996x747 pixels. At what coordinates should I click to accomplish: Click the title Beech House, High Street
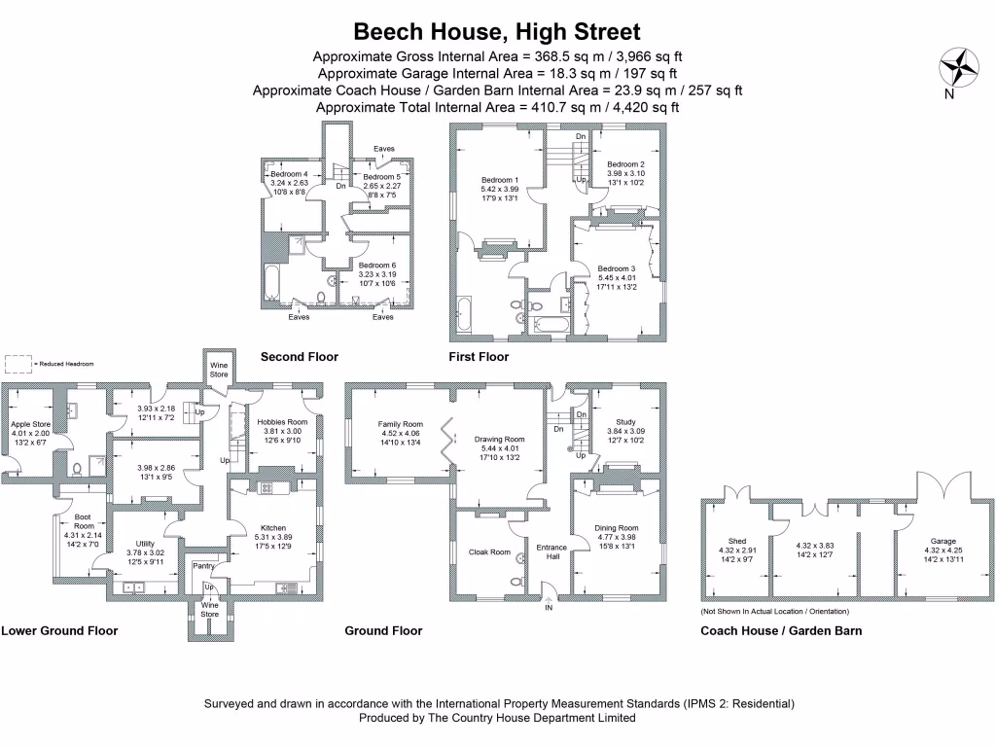tap(497, 31)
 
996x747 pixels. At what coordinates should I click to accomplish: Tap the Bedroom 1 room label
tap(500, 180)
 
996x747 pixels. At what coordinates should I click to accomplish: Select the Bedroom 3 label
tap(616, 268)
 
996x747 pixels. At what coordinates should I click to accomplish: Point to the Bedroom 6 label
tap(377, 265)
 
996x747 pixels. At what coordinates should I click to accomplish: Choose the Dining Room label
tap(616, 528)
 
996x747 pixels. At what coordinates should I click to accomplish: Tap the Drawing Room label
tap(500, 440)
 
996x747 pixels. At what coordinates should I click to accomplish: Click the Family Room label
tap(401, 424)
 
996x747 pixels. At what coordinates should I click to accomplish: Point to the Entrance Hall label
tap(552, 551)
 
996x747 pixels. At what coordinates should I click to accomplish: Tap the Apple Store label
tap(30, 424)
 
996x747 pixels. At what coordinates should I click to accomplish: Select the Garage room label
tap(943, 541)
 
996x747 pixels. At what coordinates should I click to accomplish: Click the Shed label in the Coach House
tap(736, 541)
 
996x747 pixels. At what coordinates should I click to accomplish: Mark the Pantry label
tap(203, 565)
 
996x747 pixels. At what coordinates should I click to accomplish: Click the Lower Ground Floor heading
tap(59, 630)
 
